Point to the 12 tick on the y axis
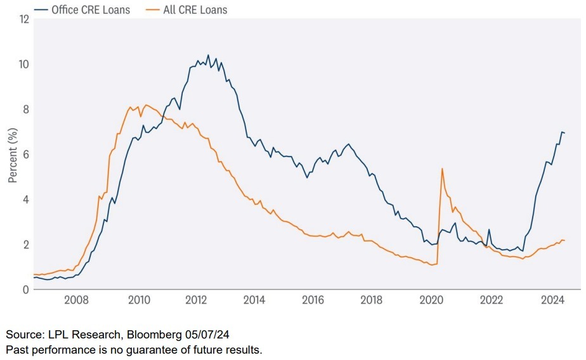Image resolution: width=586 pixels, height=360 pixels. point(25,19)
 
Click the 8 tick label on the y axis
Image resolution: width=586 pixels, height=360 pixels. point(26,109)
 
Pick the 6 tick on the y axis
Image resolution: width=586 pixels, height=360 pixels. point(26,154)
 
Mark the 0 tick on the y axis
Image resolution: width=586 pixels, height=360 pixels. point(26,289)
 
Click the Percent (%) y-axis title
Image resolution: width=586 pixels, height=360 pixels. point(12,154)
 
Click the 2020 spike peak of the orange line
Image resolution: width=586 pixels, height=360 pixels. point(441,168)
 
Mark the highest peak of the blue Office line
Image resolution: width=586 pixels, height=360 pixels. point(208,55)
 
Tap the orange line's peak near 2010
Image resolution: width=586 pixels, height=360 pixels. point(146,105)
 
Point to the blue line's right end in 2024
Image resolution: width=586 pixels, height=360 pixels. point(564,132)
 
